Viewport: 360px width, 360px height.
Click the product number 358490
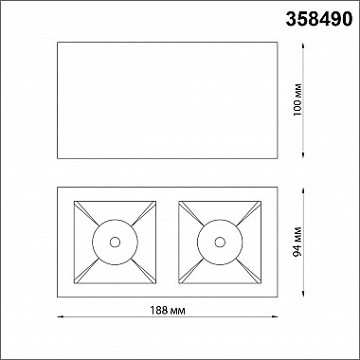coord(319,19)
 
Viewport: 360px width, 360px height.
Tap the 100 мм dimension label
coord(297,99)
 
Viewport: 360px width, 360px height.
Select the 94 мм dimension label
coord(297,242)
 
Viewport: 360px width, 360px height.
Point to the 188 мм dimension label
coord(168,311)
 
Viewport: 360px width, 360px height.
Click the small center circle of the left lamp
coord(115,243)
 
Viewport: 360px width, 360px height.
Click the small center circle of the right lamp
coord(220,243)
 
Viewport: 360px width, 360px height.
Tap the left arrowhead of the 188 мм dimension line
coord(60,316)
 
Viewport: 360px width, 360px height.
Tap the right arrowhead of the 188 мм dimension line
coord(275,316)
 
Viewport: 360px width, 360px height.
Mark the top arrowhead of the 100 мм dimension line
coord(303,45)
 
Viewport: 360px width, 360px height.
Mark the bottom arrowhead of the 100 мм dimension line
coord(303,155)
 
